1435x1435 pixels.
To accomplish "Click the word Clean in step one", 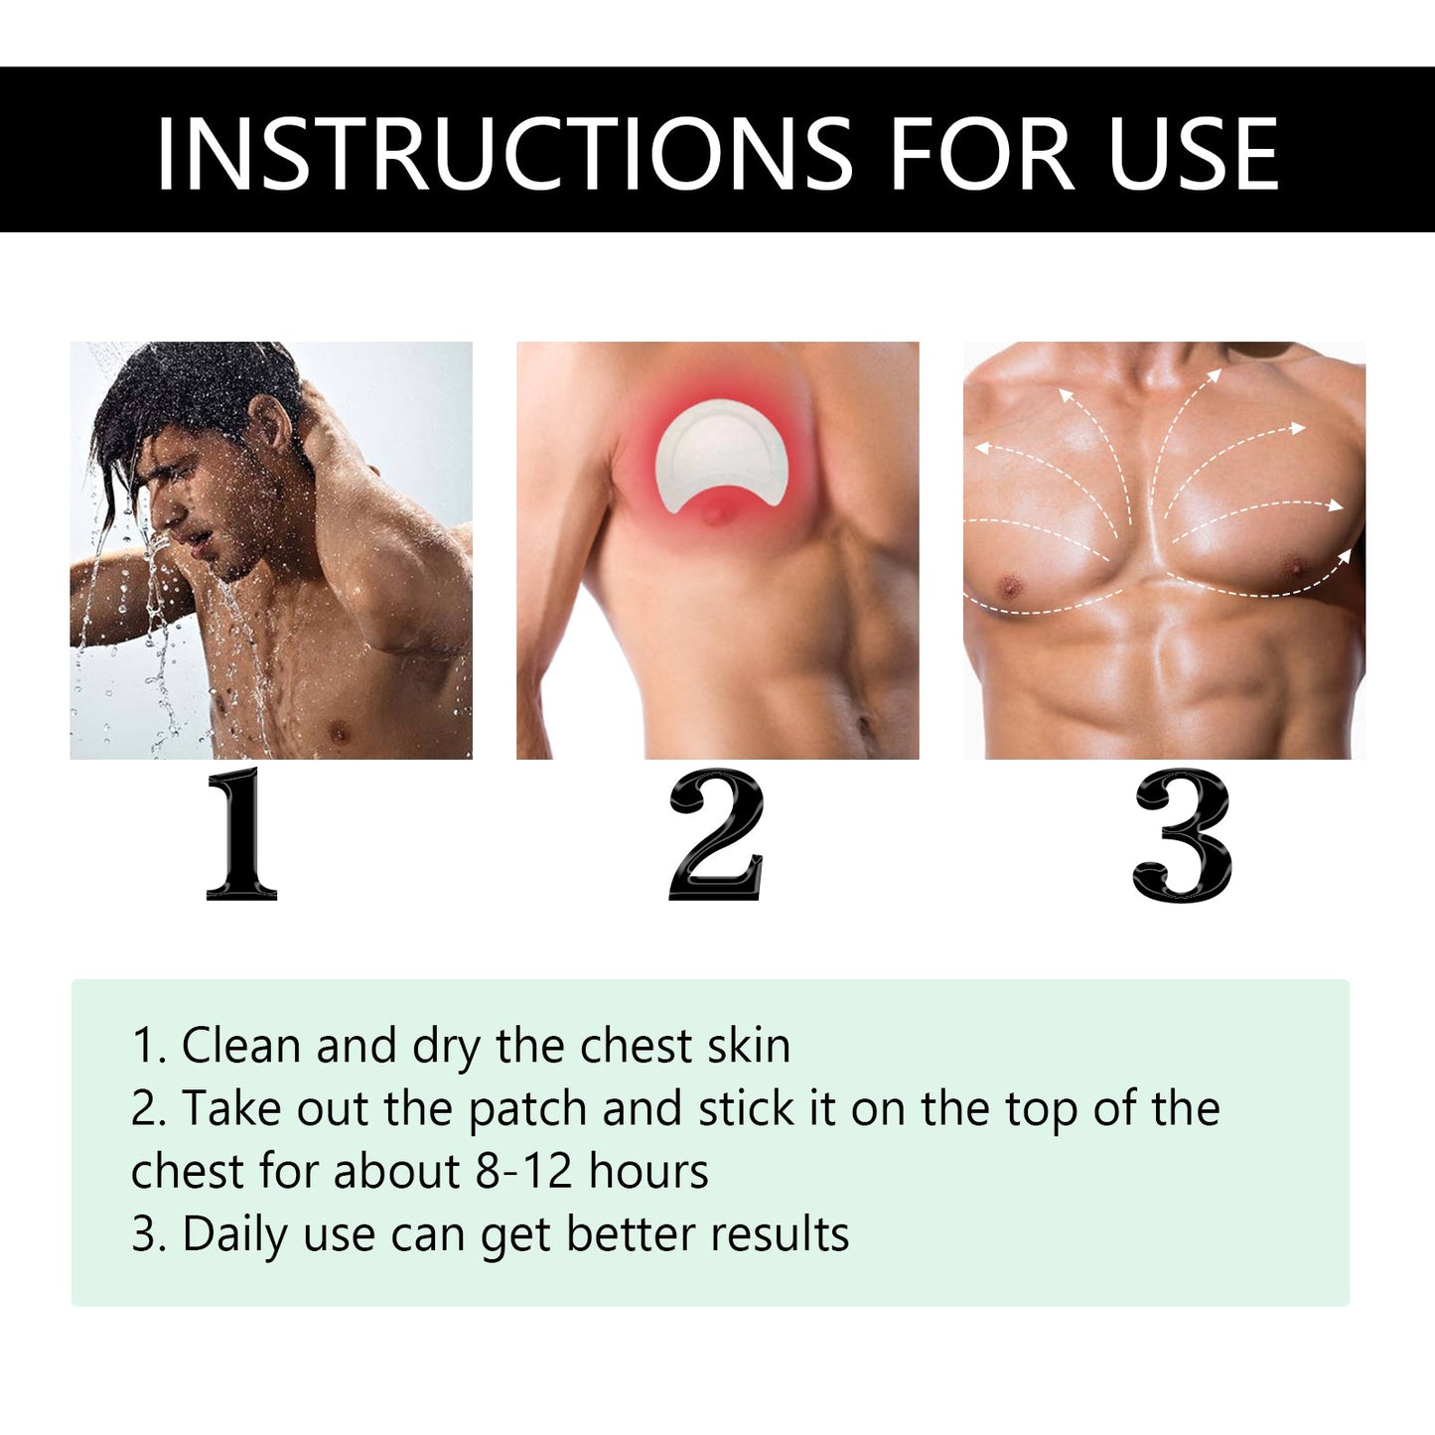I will click(241, 1046).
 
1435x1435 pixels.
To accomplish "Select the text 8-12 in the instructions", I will click(523, 1171).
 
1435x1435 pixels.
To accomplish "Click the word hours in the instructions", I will click(648, 1171).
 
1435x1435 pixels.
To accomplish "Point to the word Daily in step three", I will click(234, 1234).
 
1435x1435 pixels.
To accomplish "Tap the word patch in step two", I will click(527, 1109).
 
